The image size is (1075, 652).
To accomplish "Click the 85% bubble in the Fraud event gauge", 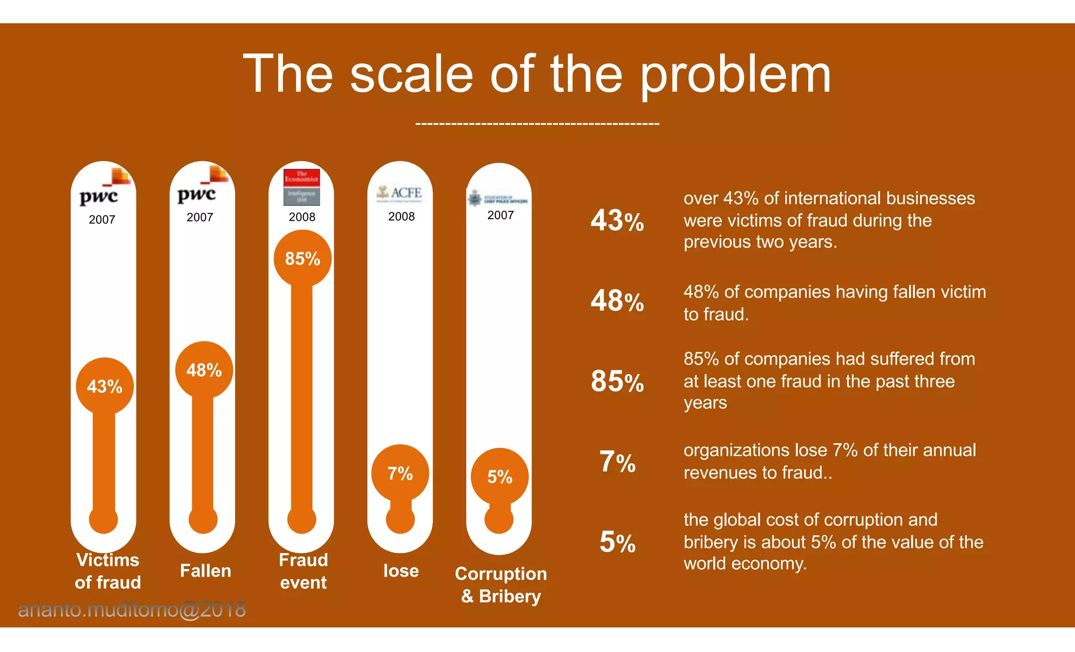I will [302, 259].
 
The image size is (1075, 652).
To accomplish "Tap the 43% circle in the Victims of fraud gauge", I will [104, 387].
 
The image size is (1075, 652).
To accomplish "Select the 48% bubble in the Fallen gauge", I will [204, 370].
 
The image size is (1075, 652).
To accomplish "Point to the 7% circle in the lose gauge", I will [400, 473].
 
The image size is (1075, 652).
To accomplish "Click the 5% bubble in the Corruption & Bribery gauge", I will [499, 477].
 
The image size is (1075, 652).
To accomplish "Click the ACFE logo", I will [399, 194].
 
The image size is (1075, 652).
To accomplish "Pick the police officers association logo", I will [498, 198].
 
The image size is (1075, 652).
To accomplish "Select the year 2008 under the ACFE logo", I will [401, 217].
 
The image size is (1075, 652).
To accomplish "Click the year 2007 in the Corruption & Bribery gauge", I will [500, 215].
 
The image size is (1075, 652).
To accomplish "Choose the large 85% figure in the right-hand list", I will [617, 381].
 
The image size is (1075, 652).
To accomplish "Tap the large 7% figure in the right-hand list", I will [617, 462].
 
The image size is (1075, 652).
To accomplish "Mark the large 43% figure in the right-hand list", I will [617, 221].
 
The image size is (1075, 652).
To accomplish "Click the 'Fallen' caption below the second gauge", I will [205, 571].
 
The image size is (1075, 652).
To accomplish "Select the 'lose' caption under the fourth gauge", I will [401, 571].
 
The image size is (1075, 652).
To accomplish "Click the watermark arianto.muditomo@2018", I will [132, 610].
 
